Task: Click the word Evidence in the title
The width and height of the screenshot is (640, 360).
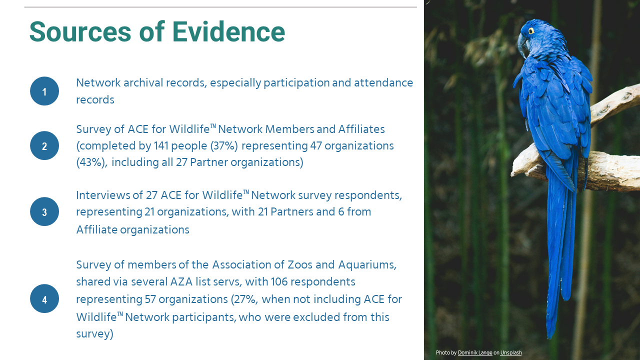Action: [x=228, y=31]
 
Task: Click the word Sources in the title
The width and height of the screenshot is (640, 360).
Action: [x=80, y=31]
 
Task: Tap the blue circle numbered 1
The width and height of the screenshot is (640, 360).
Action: [x=44, y=91]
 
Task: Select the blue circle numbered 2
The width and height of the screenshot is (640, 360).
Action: [x=44, y=145]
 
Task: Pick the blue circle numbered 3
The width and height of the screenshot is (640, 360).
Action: [x=44, y=211]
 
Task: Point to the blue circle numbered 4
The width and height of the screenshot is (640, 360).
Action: [x=44, y=298]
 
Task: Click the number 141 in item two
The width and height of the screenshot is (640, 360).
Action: [x=161, y=145]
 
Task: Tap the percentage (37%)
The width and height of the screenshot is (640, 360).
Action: [x=224, y=146]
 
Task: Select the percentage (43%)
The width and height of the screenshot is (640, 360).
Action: [x=91, y=162]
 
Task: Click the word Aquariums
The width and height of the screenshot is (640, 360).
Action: [x=367, y=265]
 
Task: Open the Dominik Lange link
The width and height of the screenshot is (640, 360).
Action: [x=475, y=352]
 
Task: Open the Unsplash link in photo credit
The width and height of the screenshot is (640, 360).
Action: [x=511, y=352]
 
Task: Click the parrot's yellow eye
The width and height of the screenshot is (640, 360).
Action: [x=531, y=31]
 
